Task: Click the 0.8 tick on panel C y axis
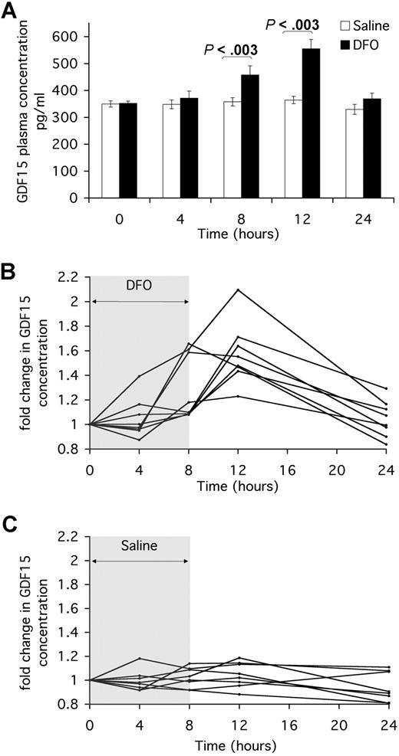(74, 705)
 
